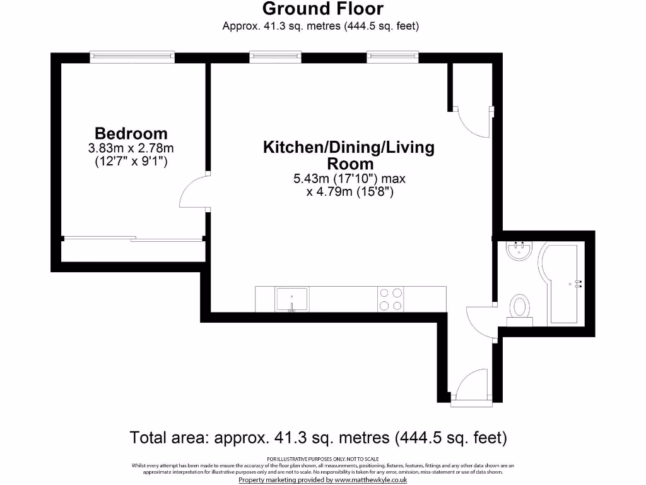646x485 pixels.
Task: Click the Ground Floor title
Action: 322,9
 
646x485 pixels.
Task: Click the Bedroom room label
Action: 131,133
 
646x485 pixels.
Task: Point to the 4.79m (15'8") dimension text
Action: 350,192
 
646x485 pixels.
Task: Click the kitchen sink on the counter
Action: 291,299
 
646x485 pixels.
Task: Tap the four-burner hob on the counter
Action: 391,299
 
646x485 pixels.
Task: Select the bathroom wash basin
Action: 520,251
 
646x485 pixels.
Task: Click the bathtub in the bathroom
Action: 561,284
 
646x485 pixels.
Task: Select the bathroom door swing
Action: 479,319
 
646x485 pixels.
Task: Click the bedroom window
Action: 131,57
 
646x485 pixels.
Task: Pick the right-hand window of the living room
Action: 393,57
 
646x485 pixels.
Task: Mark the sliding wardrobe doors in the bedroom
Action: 132,239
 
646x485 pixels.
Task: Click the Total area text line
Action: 318,437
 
